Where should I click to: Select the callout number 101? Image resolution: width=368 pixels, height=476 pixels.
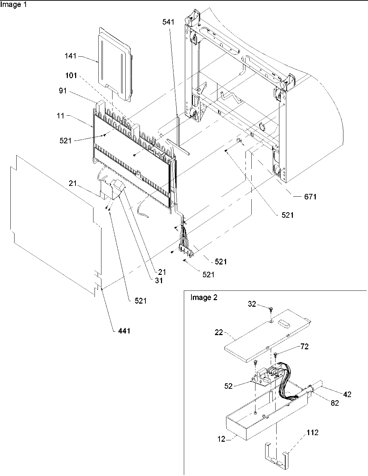pos(71,76)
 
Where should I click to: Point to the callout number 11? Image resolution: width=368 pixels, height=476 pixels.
pos(61,116)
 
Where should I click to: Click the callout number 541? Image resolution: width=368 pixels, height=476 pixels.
pos(168,22)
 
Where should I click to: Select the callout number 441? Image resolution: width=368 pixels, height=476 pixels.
pos(124,331)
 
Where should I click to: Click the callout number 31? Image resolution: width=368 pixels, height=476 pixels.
pos(159,281)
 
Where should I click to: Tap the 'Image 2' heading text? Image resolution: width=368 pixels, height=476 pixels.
pos(204,298)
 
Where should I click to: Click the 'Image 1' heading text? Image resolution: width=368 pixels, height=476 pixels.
pos(13,5)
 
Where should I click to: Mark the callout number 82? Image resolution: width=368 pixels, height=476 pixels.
pos(335,403)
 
